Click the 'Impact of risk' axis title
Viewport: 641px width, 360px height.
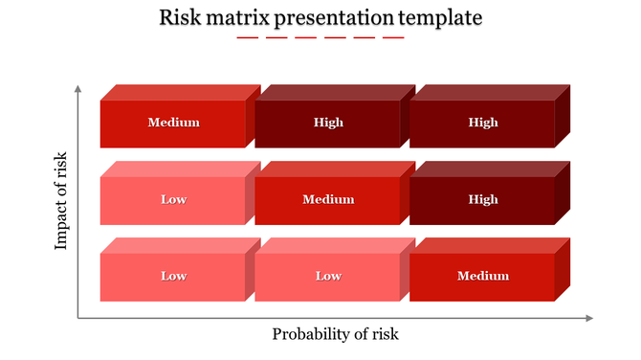62,200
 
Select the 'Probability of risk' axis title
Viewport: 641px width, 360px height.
335,334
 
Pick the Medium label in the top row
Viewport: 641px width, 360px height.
173,123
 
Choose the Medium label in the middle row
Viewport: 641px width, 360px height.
328,199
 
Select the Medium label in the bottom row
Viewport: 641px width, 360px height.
482,276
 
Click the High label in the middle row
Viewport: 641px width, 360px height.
482,199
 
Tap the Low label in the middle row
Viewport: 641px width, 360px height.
173,199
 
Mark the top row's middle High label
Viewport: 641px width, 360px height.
328,123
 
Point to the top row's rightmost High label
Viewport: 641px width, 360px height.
482,123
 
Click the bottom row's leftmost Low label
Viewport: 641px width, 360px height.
173,276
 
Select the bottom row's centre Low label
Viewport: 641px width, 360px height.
328,276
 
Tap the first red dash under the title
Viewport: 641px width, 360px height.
247,38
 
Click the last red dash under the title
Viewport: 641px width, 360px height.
393,38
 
